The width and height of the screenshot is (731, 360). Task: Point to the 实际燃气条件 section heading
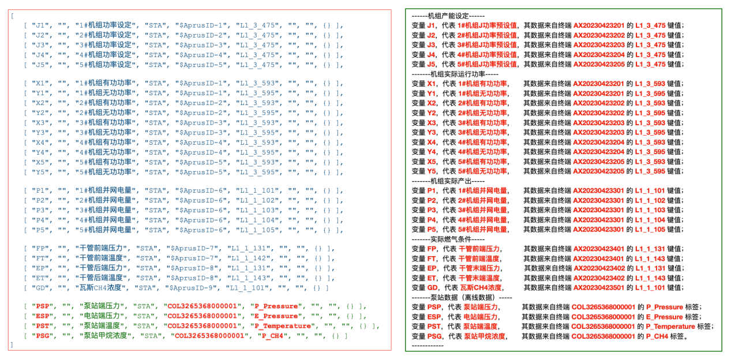pos(448,239)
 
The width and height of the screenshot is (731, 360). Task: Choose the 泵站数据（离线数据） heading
pos(462,297)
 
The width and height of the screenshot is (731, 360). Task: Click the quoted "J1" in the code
pos(40,26)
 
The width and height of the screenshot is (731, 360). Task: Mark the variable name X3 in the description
pos(432,123)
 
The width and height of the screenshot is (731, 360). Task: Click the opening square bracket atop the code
pos(12,16)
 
